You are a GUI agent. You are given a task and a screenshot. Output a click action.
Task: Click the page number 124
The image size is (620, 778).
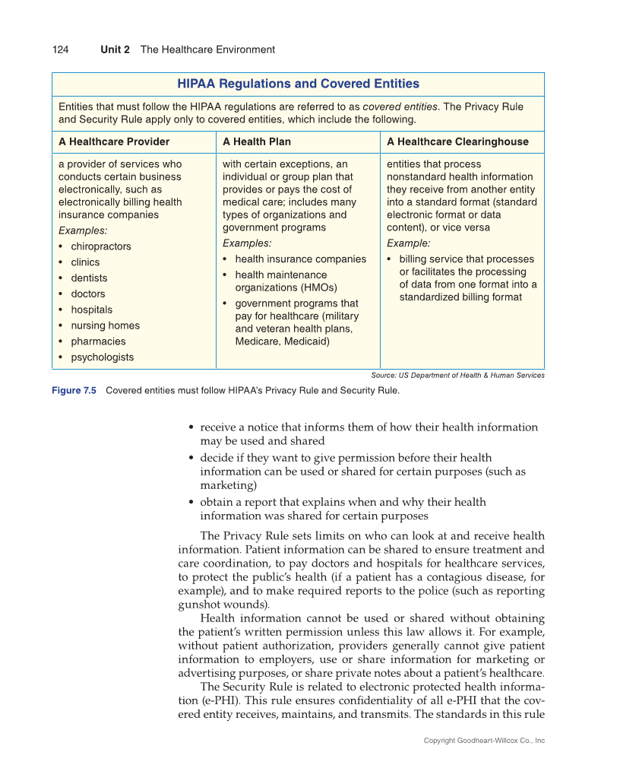pyautogui.click(x=60, y=49)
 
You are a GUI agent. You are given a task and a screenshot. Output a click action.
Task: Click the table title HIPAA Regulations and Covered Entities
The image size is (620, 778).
pyautogui.click(x=298, y=84)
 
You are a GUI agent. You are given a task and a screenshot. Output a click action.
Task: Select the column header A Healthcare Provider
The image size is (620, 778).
pyautogui.click(x=114, y=141)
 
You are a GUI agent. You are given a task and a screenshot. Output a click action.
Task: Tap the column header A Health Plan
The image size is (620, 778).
pyautogui.click(x=257, y=141)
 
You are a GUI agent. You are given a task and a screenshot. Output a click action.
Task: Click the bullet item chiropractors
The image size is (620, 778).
pyautogui.click(x=100, y=246)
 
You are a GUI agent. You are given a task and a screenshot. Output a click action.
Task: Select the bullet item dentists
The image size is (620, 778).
pyautogui.click(x=89, y=278)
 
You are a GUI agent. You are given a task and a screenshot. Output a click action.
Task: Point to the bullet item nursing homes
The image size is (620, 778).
pyautogui.click(x=105, y=325)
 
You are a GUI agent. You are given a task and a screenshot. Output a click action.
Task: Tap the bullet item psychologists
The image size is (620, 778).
pyautogui.click(x=102, y=357)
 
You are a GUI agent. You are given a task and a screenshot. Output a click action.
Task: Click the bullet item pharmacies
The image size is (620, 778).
pyautogui.click(x=98, y=341)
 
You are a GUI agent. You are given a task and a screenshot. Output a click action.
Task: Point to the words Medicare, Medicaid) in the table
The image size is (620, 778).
pyautogui.click(x=282, y=341)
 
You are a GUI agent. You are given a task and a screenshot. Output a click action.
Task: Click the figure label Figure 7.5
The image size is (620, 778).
pyautogui.click(x=74, y=391)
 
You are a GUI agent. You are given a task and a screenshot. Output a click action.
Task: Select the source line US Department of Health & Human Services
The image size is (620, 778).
pyautogui.click(x=457, y=375)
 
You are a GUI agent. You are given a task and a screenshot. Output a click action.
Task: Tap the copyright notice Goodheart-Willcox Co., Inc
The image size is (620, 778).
pyautogui.click(x=484, y=741)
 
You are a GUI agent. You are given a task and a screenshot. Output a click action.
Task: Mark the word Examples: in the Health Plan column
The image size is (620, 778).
pyautogui.click(x=247, y=243)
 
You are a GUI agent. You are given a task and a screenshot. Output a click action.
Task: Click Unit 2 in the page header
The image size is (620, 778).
pyautogui.click(x=115, y=49)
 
